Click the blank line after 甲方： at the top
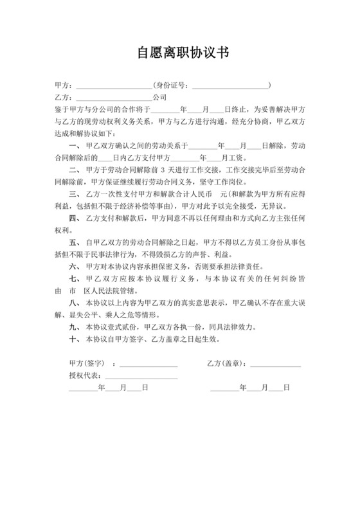click(x=113, y=85)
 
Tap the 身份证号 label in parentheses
click(x=172, y=85)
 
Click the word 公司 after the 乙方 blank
click(x=159, y=97)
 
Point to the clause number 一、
click(x=73, y=145)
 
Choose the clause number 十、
click(x=73, y=340)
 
